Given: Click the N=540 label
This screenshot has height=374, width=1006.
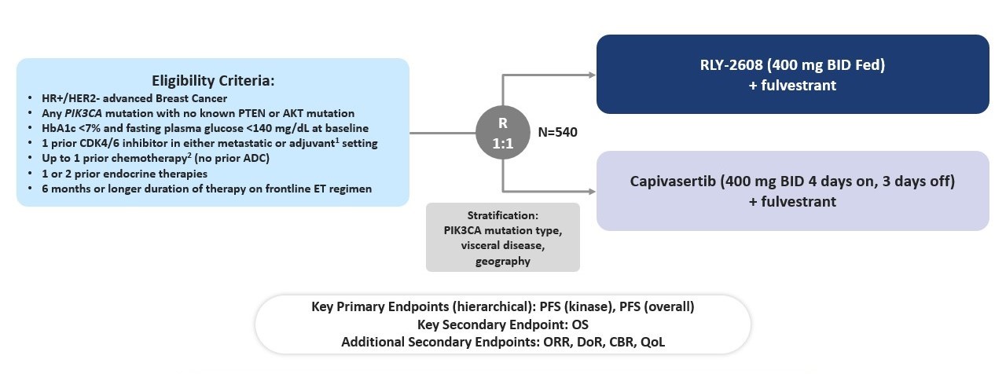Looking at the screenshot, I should pos(557,132).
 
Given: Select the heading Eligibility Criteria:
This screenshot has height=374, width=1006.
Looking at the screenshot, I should pos(212,80).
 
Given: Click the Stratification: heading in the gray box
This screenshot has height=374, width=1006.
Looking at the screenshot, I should pos(503,216).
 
